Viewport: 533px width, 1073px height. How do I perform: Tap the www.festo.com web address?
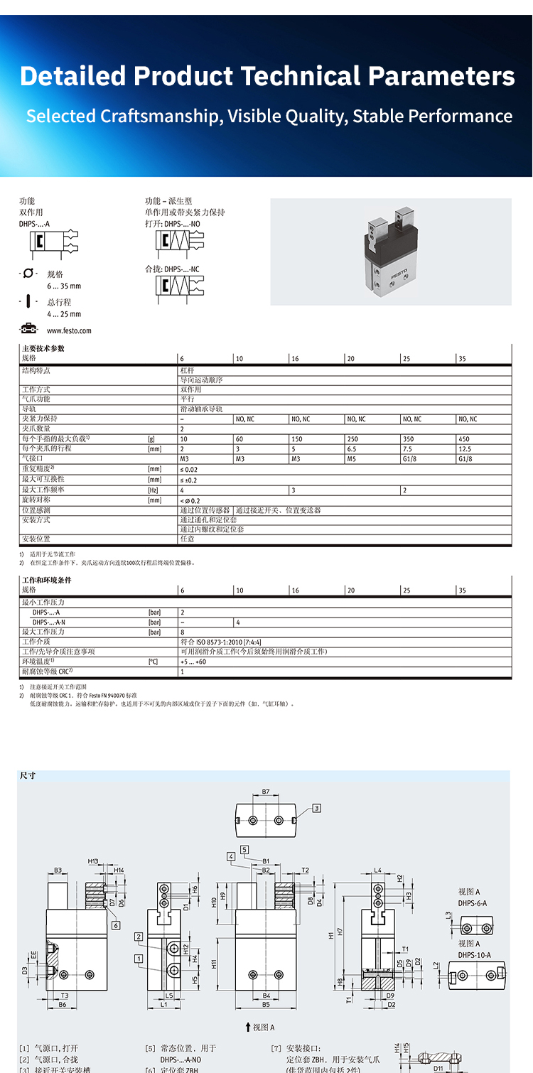(x=69, y=330)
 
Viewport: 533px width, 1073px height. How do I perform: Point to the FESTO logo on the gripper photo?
(x=399, y=272)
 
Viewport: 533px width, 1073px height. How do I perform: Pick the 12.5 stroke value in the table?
(x=465, y=449)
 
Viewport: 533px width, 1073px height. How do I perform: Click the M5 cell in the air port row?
(x=351, y=459)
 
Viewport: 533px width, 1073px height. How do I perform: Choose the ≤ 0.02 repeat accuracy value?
(x=189, y=469)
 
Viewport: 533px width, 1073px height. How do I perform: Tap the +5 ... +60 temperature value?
(x=193, y=662)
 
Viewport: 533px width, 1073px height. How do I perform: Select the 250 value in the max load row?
(x=352, y=439)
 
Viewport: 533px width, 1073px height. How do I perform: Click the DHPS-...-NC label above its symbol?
(x=173, y=269)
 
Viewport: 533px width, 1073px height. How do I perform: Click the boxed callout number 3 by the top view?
(x=316, y=807)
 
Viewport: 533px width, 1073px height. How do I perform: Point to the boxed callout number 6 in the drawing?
(x=115, y=925)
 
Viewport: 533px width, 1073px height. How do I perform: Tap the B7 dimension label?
(x=265, y=791)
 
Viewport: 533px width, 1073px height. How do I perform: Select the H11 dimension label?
(x=213, y=964)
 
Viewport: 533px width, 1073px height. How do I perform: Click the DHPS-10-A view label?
(x=474, y=955)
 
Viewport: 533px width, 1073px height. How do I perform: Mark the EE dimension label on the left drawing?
(x=33, y=956)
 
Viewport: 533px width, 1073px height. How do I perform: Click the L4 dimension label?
(x=378, y=870)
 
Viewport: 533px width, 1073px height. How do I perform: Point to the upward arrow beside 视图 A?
(x=247, y=1027)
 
